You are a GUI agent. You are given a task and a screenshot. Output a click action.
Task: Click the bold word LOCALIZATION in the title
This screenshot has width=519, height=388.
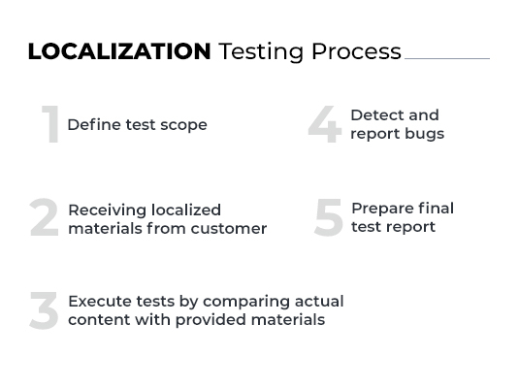[x=119, y=51]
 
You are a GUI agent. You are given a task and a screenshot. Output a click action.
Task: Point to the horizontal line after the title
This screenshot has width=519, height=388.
[x=446, y=58]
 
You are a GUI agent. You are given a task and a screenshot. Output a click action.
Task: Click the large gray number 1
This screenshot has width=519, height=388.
[x=51, y=125]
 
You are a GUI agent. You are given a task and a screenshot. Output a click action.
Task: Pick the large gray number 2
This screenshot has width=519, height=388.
[x=44, y=218]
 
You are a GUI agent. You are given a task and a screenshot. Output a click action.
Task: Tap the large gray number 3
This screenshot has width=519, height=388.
[x=44, y=311]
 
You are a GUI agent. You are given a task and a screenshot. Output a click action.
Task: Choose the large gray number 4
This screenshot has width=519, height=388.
[x=325, y=125]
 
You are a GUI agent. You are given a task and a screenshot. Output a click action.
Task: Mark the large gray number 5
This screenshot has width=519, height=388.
[x=329, y=218]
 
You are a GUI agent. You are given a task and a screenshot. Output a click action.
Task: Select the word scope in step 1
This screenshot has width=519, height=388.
[x=183, y=125]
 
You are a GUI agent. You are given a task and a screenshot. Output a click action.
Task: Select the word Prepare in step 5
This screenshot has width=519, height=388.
[x=381, y=209]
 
